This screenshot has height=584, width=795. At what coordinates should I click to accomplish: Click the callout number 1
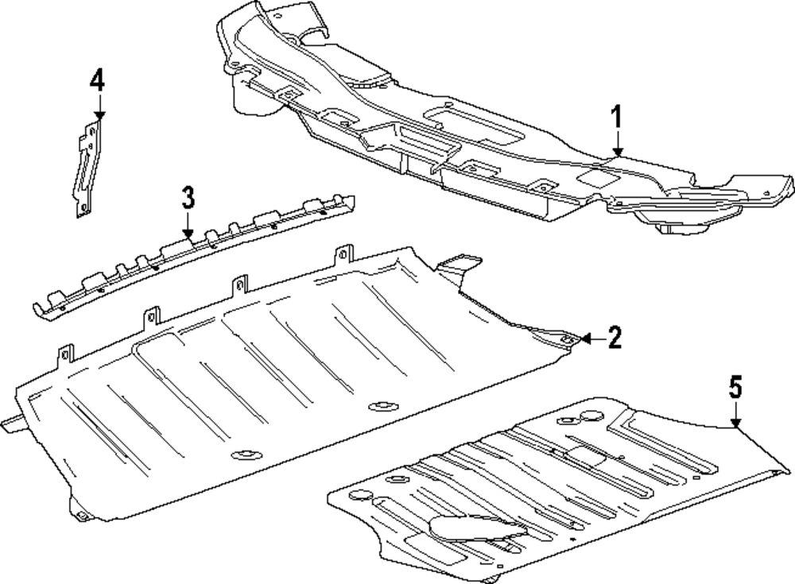click(617, 118)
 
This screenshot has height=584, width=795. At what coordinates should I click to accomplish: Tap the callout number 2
click(614, 338)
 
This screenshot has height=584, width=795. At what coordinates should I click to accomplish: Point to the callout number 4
click(96, 80)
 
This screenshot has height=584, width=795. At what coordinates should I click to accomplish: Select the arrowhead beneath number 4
click(97, 114)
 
